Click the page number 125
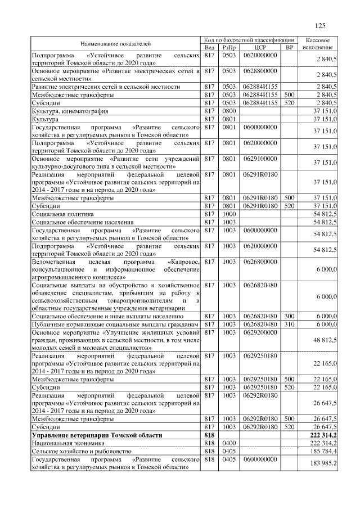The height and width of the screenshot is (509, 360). coord(321,25)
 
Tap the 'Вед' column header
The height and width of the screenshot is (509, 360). coord(210,47)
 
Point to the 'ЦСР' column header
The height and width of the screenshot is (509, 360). coord(259,47)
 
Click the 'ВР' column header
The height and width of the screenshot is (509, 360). coord(290,47)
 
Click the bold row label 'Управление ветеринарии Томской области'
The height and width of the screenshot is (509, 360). coord(97,435)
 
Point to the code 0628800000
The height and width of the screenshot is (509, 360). coord(259,71)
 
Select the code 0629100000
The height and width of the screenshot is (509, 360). coord(259,159)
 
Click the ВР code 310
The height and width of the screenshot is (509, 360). coord(290,325)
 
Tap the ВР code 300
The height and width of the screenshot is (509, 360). coord(290,317)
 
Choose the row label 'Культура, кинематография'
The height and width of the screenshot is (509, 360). coord(70,111)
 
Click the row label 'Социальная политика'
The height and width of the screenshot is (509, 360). coord(62,214)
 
